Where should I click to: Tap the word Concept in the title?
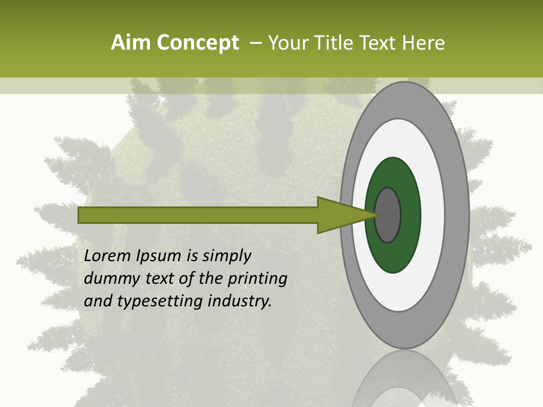click(197, 43)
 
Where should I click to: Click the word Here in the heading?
click(424, 43)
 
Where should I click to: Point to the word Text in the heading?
click(380, 43)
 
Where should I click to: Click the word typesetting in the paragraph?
click(160, 301)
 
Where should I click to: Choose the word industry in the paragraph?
click(240, 301)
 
